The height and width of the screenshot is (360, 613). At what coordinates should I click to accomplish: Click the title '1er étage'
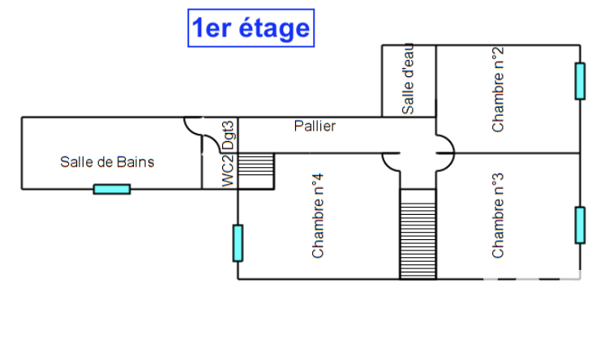(x=250, y=28)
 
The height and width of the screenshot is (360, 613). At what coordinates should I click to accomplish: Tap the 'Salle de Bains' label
(x=107, y=162)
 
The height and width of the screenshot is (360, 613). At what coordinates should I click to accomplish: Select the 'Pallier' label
(x=315, y=126)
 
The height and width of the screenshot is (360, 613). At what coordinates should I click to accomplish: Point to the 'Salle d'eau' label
(x=408, y=79)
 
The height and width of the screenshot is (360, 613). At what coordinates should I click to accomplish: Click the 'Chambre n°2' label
(x=498, y=89)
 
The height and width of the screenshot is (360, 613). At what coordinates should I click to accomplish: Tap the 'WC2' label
(x=229, y=171)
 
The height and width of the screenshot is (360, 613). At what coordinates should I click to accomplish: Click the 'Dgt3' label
(x=229, y=135)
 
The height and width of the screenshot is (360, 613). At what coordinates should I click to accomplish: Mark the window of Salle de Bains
(x=112, y=189)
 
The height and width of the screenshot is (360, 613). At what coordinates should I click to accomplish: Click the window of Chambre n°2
(x=580, y=80)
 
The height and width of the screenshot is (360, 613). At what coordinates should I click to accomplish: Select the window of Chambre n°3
(x=580, y=225)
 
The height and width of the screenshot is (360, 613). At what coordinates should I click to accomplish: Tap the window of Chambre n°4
(x=238, y=242)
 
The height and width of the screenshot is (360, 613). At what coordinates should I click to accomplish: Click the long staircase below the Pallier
(x=418, y=234)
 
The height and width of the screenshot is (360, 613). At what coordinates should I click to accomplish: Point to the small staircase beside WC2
(x=257, y=171)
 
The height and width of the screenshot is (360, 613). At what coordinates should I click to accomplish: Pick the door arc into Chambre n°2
(x=445, y=142)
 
